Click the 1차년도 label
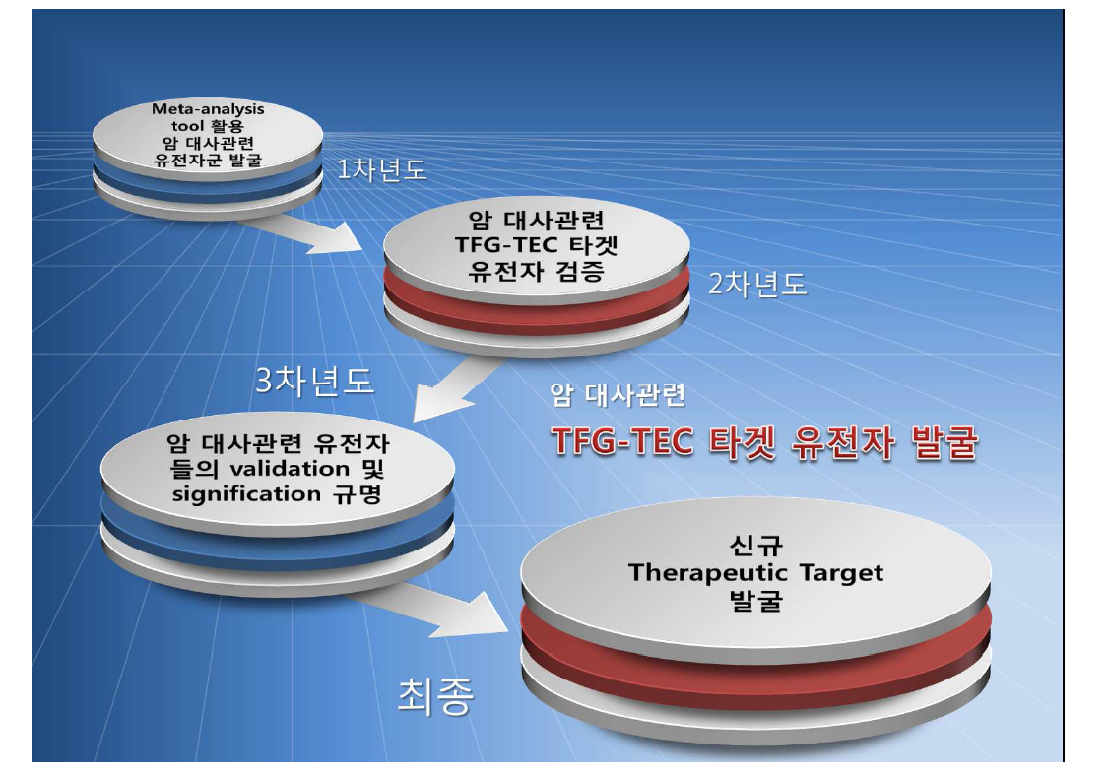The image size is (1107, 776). point(382,169)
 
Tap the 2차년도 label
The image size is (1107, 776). point(757,285)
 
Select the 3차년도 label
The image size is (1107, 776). point(314,381)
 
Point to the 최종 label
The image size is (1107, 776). point(434,696)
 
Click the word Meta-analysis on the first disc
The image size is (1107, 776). point(208,109)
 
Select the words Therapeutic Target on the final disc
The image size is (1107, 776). point(755,572)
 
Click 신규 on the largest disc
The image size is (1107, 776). point(756,545)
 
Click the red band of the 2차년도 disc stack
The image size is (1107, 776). point(537,291)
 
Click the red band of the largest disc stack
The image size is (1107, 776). point(754,642)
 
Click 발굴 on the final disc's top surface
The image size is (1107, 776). point(756,600)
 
